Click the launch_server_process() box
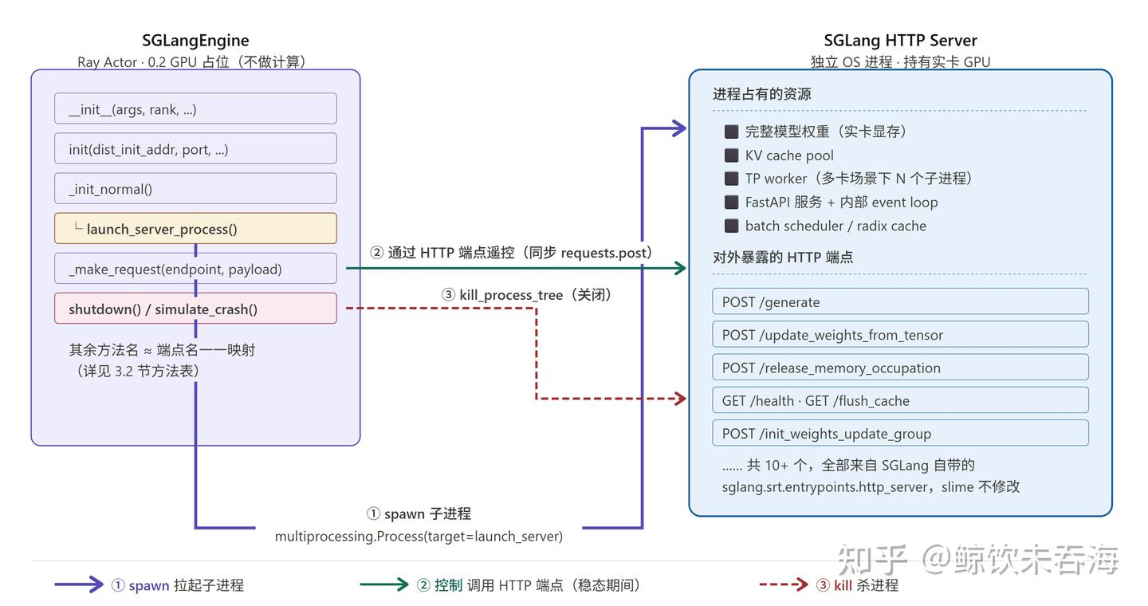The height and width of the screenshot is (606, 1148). point(195,228)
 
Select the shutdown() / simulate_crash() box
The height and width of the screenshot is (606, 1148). point(195,308)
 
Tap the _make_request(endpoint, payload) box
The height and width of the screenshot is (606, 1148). point(195,268)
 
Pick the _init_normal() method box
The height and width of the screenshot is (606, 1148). point(195,188)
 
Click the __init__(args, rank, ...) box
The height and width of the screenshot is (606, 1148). point(195,108)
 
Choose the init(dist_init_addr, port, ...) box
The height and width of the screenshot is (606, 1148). point(195,148)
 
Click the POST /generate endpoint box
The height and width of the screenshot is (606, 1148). point(900,301)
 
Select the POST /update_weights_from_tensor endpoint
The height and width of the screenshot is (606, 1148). point(900,334)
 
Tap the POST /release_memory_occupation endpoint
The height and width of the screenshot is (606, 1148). point(900,367)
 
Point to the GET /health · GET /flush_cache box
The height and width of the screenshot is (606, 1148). point(900,400)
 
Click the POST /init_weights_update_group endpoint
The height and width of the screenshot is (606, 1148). point(900,433)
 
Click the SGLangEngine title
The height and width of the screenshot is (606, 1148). point(195,40)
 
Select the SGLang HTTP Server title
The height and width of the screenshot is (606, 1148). point(900,40)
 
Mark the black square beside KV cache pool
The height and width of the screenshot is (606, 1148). point(731,155)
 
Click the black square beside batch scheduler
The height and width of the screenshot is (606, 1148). point(731,226)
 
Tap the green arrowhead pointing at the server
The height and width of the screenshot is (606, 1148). point(680,268)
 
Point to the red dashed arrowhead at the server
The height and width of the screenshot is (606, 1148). point(680,399)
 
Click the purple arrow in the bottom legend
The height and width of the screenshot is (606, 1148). point(78,584)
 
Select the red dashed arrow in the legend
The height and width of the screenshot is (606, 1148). point(784,584)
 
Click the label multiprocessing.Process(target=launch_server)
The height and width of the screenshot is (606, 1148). point(419,537)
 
